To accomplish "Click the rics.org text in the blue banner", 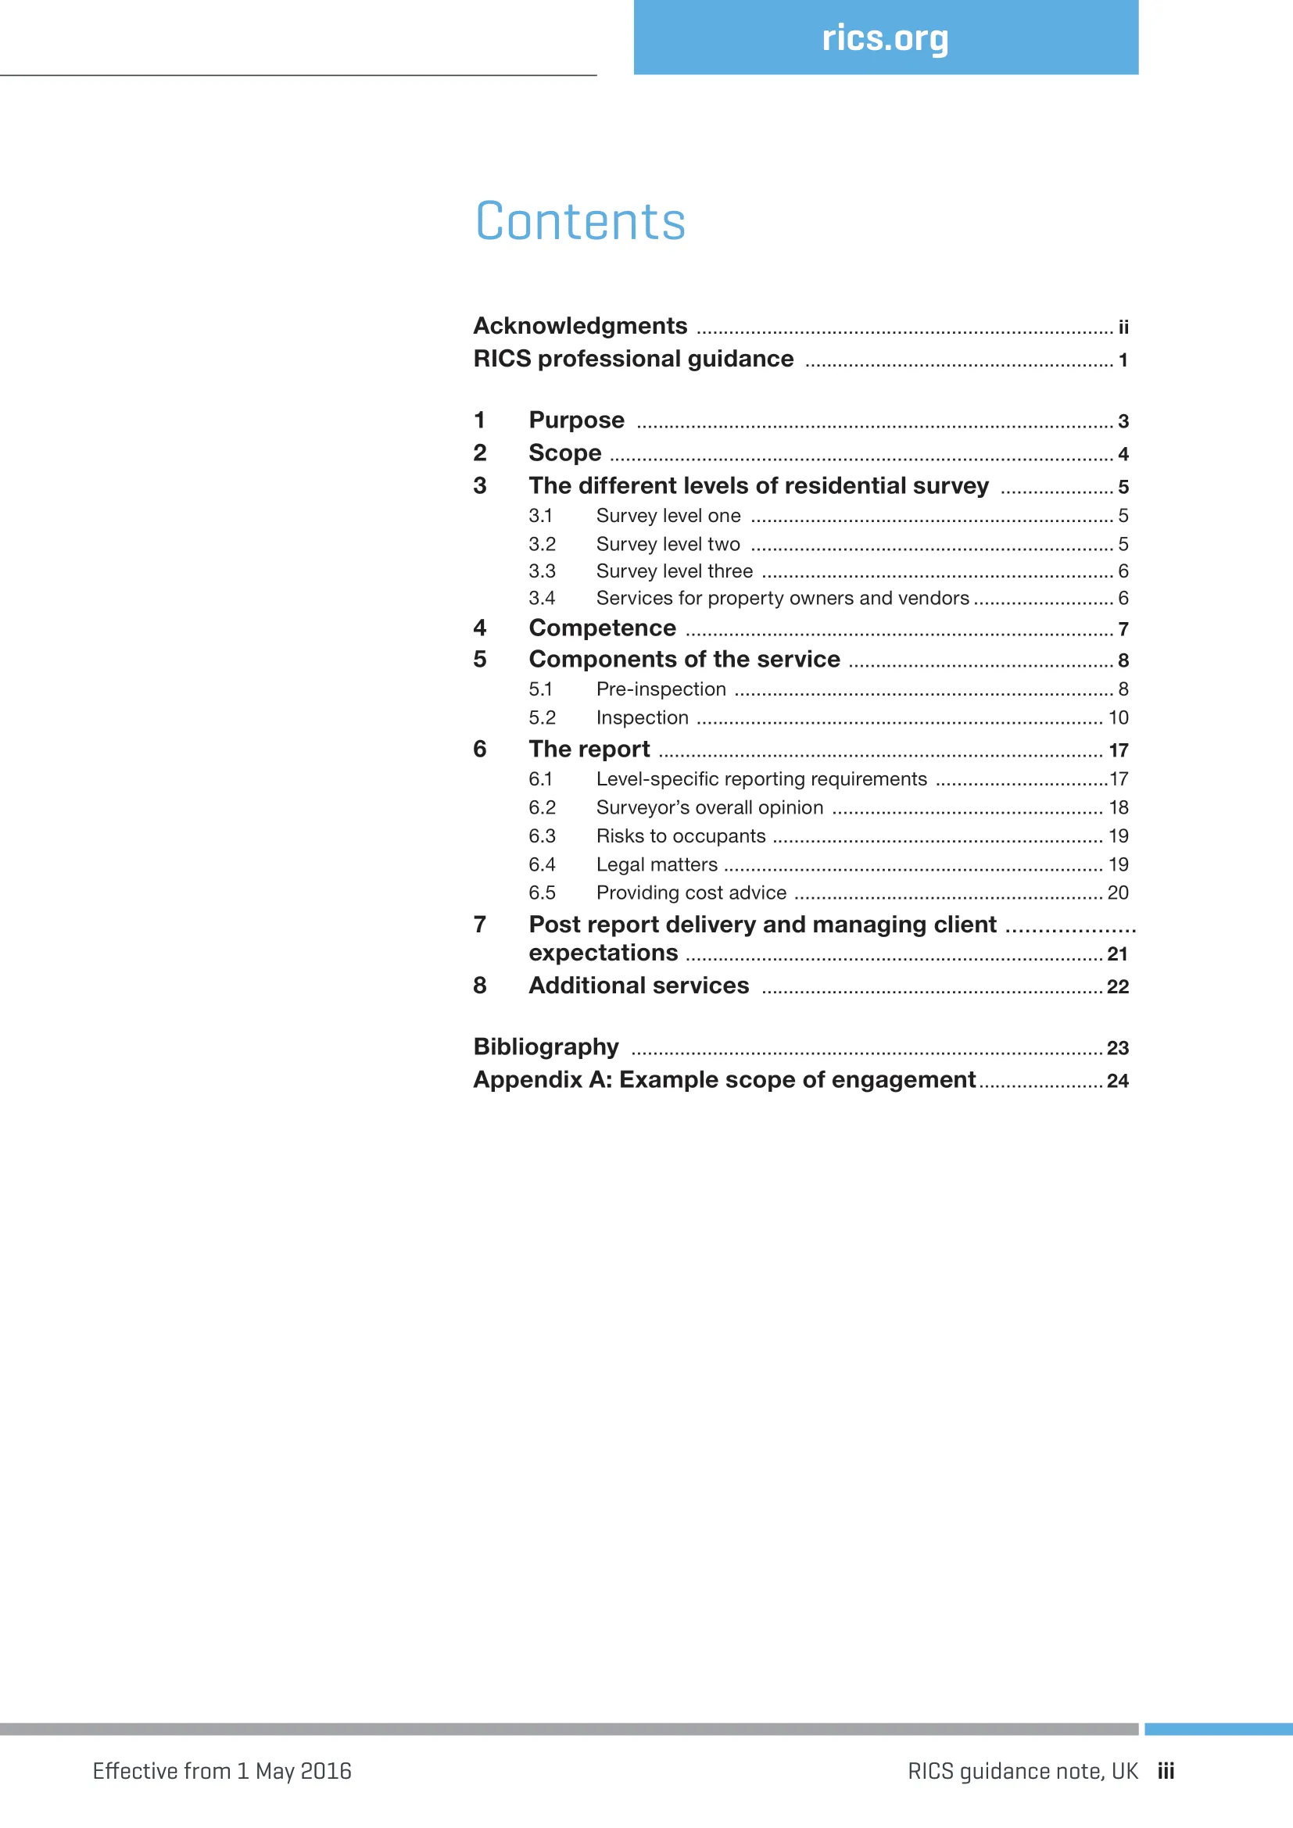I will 885,38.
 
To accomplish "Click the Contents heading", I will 579,221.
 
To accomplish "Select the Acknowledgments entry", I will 579,326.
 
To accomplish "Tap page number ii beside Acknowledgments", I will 1123,327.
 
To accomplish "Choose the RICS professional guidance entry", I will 633,359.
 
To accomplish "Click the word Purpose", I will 576,420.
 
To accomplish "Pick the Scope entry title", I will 564,453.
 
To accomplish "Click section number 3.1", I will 541,516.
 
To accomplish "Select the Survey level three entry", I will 674,571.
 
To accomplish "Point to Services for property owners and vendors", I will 782,598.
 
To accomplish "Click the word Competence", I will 602,628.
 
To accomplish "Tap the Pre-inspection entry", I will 661,689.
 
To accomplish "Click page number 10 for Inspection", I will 1118,718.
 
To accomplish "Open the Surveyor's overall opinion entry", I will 709,807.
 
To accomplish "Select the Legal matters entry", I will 656,864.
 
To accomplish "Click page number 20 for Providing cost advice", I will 1117,893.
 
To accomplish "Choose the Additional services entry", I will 639,986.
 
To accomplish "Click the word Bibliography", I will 546,1047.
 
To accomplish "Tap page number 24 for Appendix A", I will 1117,1081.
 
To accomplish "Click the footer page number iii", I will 1166,1772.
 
